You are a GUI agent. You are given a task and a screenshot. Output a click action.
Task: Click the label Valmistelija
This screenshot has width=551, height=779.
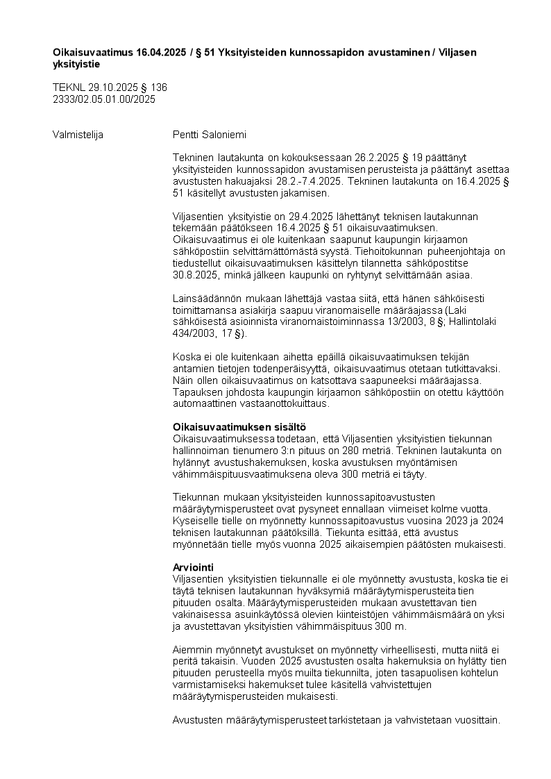(78, 135)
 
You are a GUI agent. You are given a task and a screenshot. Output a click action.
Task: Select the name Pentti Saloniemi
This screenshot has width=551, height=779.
(209, 135)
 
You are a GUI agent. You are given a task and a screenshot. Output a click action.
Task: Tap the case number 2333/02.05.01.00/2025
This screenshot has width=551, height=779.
(104, 99)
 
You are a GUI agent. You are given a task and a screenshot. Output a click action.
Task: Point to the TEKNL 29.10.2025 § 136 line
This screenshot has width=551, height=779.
(110, 87)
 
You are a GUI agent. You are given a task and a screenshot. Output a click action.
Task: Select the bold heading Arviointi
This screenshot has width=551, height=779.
(193, 567)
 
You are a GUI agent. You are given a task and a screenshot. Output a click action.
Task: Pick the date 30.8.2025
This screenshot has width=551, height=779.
(194, 274)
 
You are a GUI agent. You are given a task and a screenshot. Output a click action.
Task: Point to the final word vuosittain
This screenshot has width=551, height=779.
(476, 720)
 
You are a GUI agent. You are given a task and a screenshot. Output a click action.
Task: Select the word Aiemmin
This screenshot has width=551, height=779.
(192, 649)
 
